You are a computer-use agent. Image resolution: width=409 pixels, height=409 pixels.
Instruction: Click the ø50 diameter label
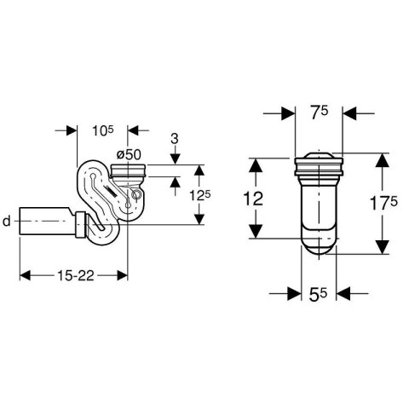pos(129,155)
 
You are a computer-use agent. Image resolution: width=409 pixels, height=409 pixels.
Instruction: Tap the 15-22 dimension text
pos(76,275)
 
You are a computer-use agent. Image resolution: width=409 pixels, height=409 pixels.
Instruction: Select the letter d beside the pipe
pos(7,221)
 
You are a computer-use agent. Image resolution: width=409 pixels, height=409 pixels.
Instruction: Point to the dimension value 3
pos(175,139)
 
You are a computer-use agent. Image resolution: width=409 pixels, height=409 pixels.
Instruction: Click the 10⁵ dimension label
pos(102,130)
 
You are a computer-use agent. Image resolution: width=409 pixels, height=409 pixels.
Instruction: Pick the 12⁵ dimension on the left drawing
pos(200,196)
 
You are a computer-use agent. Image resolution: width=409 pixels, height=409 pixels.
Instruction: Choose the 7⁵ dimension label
pos(319,113)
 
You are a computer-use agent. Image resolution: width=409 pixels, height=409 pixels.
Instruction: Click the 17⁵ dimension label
pos(383,203)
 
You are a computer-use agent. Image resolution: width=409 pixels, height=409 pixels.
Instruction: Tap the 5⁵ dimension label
pos(319,295)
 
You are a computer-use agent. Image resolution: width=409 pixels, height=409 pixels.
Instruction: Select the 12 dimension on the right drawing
pos(253,199)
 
